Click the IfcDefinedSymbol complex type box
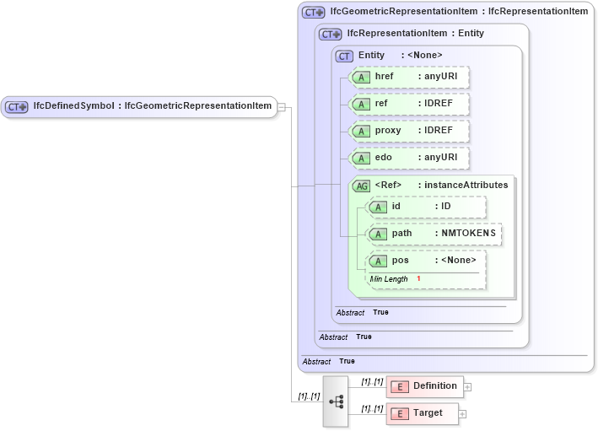pos(139,106)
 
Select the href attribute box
pos(409,77)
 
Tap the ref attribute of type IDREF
pos(409,104)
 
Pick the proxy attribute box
pos(409,131)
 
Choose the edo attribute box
pos(409,158)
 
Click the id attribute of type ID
pos(427,207)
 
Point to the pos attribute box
pos(427,261)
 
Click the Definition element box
pos(425,386)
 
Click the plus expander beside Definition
pos(467,387)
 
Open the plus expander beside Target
pos(462,414)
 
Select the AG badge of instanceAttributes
pos(361,186)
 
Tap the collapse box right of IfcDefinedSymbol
pos(282,106)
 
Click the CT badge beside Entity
pos(344,56)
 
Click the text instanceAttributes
pos(466,186)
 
